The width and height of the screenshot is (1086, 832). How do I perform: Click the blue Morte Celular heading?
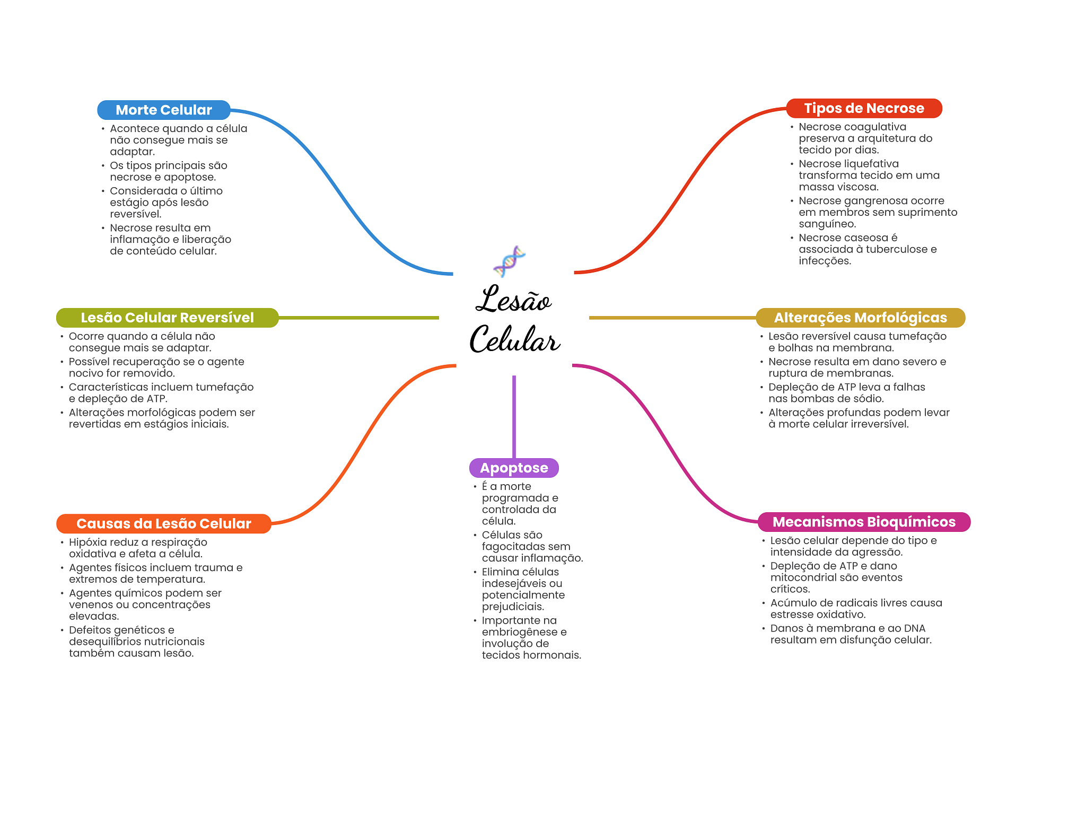coord(163,110)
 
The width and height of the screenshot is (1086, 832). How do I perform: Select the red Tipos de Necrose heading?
coord(863,108)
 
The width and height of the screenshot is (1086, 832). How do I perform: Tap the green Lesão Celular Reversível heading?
coord(167,318)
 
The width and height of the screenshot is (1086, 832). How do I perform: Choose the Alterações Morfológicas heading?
coord(860,318)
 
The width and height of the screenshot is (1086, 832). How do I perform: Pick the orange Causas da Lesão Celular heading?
coord(163,523)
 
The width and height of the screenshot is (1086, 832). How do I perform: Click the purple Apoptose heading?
coord(513,468)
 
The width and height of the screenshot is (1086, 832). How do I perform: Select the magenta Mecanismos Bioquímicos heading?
coord(863,522)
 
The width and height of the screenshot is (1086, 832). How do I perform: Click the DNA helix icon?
coord(509,261)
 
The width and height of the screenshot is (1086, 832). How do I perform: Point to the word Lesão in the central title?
coord(513,300)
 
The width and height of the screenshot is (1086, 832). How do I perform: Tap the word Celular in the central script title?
coord(514,339)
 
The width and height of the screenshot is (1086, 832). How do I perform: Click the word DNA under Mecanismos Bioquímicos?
coord(913,628)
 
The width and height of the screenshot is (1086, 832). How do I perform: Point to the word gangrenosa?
coord(875,201)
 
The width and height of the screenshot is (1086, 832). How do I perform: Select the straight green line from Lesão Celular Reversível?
coord(358,318)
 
